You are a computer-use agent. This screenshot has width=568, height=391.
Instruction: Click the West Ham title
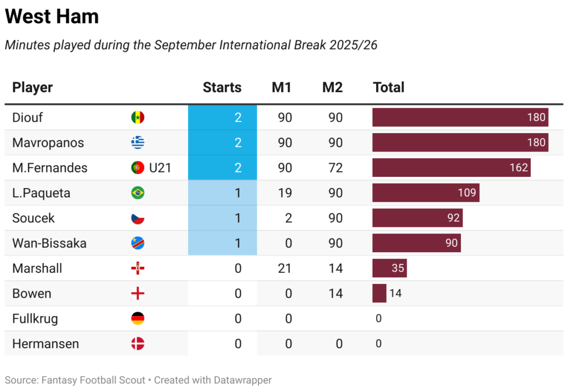coord(52,17)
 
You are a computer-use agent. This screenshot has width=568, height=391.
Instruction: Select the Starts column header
coord(222,87)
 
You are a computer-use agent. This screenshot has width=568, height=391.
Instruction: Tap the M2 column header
coord(332,87)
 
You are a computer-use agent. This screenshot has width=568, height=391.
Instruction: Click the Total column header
coord(388,87)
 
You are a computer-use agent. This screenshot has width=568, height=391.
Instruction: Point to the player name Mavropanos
coord(48,143)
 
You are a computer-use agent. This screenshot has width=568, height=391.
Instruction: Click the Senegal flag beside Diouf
coord(138,118)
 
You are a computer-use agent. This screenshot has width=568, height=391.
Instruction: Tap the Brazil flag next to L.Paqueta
coord(138,193)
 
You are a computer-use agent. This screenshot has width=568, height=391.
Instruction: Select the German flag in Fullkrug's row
coord(138,318)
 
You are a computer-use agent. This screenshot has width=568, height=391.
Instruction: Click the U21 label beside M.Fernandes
coord(160,167)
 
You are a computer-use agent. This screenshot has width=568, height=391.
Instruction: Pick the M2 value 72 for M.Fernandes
coord(335,167)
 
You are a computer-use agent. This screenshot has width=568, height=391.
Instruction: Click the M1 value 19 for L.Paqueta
coord(285,193)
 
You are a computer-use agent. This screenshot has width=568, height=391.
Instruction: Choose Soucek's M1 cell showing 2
coord(288,218)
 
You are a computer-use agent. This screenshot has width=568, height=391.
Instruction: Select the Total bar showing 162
coord(451,167)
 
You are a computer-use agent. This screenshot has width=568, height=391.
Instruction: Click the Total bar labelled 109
coord(425,193)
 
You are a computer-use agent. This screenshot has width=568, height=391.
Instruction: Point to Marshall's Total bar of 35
coord(389,268)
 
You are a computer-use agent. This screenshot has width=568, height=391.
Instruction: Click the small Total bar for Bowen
coord(379,293)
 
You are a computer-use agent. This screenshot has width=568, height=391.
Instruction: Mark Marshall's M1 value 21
coord(285,268)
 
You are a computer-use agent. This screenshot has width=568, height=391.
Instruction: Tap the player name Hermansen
coord(45,343)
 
